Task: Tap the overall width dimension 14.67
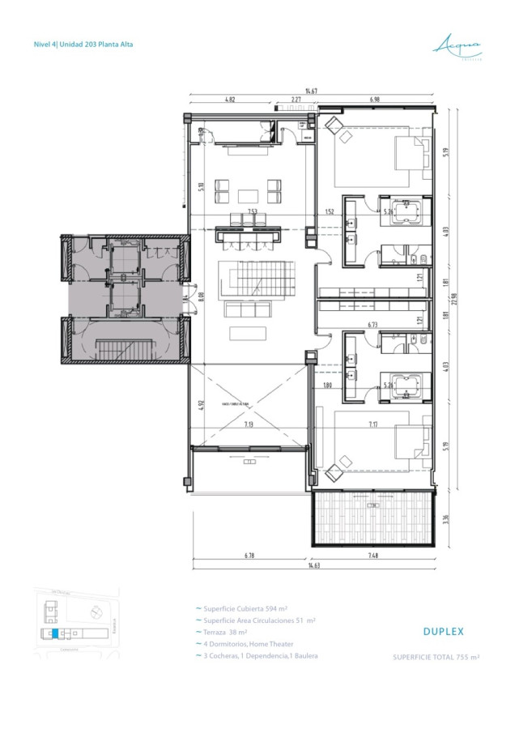pos(311,92)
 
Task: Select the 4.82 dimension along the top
pos(229,100)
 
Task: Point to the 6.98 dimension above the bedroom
pos(375,100)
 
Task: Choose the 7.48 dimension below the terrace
pos(372,556)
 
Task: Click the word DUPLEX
pos(443,631)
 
